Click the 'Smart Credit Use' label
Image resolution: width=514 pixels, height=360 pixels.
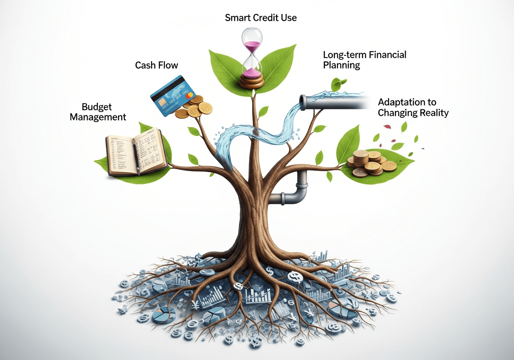pyautogui.click(x=261, y=18)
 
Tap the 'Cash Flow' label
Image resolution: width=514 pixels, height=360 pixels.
pyautogui.click(x=156, y=65)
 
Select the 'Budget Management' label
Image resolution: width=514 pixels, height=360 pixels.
pyautogui.click(x=98, y=112)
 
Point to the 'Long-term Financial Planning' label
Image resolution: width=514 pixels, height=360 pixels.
pyautogui.click(x=365, y=59)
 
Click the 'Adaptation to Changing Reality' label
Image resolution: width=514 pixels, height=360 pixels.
pyautogui.click(x=413, y=107)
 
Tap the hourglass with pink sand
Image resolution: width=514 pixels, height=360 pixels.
pyautogui.click(x=252, y=56)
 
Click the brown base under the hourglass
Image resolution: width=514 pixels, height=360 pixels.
pyautogui.click(x=252, y=80)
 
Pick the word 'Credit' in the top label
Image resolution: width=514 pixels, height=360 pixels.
pyautogui.click(x=262, y=18)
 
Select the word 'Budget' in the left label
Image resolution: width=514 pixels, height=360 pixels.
pyautogui.click(x=97, y=107)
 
